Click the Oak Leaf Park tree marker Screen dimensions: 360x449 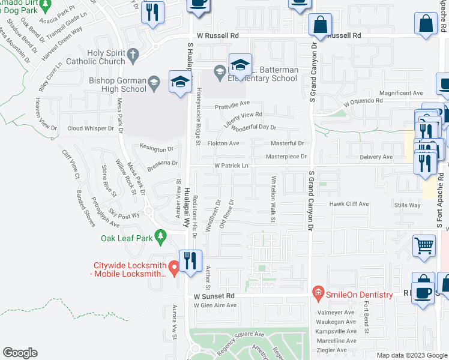[160, 238]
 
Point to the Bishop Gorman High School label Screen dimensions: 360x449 [109, 85]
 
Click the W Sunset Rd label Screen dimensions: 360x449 [213, 296]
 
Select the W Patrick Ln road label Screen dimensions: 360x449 [232, 166]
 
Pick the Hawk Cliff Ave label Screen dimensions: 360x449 [349, 204]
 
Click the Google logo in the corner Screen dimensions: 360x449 [20, 352]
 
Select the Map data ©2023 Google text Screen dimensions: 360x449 [412, 355]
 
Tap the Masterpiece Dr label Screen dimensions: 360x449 [287, 157]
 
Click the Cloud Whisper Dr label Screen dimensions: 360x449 [90, 128]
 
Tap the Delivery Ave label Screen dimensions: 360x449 [376, 157]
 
